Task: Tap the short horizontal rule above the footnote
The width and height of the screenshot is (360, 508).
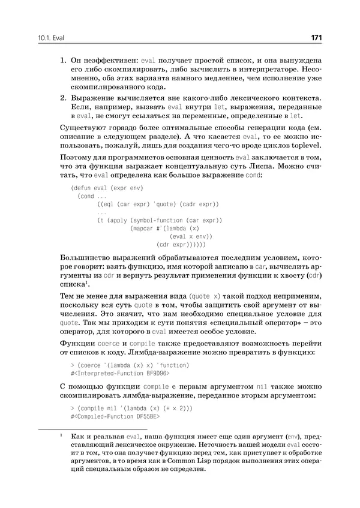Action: [x=64, y=429]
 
